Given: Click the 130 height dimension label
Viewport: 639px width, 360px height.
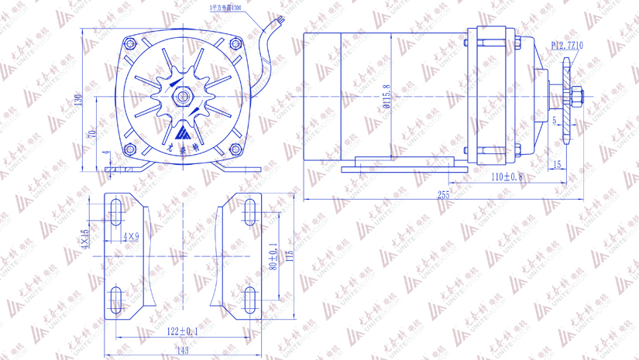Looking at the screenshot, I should [x=77, y=101].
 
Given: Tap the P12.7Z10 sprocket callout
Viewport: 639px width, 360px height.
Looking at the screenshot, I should [x=567, y=46].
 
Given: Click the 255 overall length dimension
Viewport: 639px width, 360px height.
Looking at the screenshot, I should [x=443, y=195].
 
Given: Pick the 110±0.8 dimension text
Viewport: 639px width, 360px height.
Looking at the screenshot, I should [x=507, y=177].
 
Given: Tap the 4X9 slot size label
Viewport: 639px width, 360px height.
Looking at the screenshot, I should [x=132, y=237].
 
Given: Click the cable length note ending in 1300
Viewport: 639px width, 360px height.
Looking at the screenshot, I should [x=225, y=7].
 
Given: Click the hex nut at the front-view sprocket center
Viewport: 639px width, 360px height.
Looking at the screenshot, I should [x=183, y=97].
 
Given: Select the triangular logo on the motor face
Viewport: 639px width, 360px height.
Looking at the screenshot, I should [x=183, y=130].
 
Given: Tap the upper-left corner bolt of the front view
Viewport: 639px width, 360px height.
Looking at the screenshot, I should [x=130, y=43].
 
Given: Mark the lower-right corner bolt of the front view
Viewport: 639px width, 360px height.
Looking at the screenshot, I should [x=235, y=149].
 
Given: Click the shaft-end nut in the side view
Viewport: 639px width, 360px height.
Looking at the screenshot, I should [x=579, y=97].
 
